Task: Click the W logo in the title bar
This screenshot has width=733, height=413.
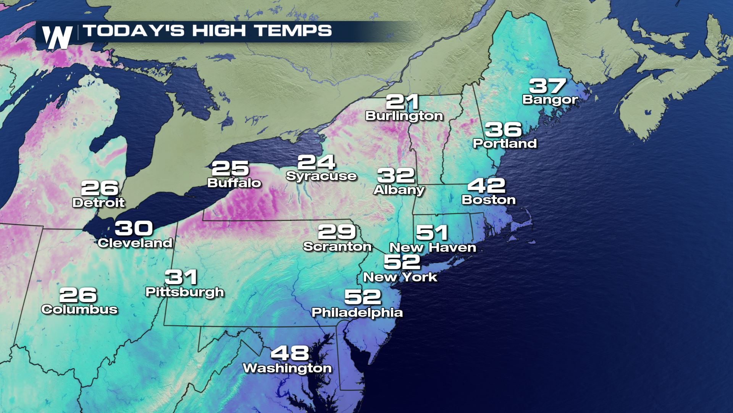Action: coord(58,37)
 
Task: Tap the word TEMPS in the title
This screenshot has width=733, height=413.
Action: coord(293,31)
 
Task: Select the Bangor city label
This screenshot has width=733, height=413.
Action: coord(550,99)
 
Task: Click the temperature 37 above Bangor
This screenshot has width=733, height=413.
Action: coord(547,86)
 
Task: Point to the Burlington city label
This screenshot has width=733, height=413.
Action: coord(404,115)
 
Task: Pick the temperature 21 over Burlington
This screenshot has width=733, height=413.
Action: coord(402,102)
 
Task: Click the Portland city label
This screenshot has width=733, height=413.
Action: coord(505,143)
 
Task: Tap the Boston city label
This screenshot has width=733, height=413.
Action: coord(489,200)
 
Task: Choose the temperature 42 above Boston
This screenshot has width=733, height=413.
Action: coord(486,186)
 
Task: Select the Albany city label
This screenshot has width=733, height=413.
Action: coord(399,190)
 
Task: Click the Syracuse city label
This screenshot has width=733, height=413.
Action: coord(321,176)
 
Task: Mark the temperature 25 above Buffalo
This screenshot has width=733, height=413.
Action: coord(230,169)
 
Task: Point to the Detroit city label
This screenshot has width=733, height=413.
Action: coord(99,202)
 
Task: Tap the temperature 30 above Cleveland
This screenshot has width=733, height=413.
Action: coord(134,228)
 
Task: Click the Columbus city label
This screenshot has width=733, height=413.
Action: coord(79,309)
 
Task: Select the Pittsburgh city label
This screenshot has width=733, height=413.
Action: coord(185,292)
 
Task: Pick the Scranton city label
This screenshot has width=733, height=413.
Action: coord(337,247)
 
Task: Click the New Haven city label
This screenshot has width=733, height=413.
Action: coord(433,247)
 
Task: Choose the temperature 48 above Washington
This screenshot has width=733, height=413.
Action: coord(290,353)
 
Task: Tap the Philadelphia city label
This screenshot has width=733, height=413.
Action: coord(357,312)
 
